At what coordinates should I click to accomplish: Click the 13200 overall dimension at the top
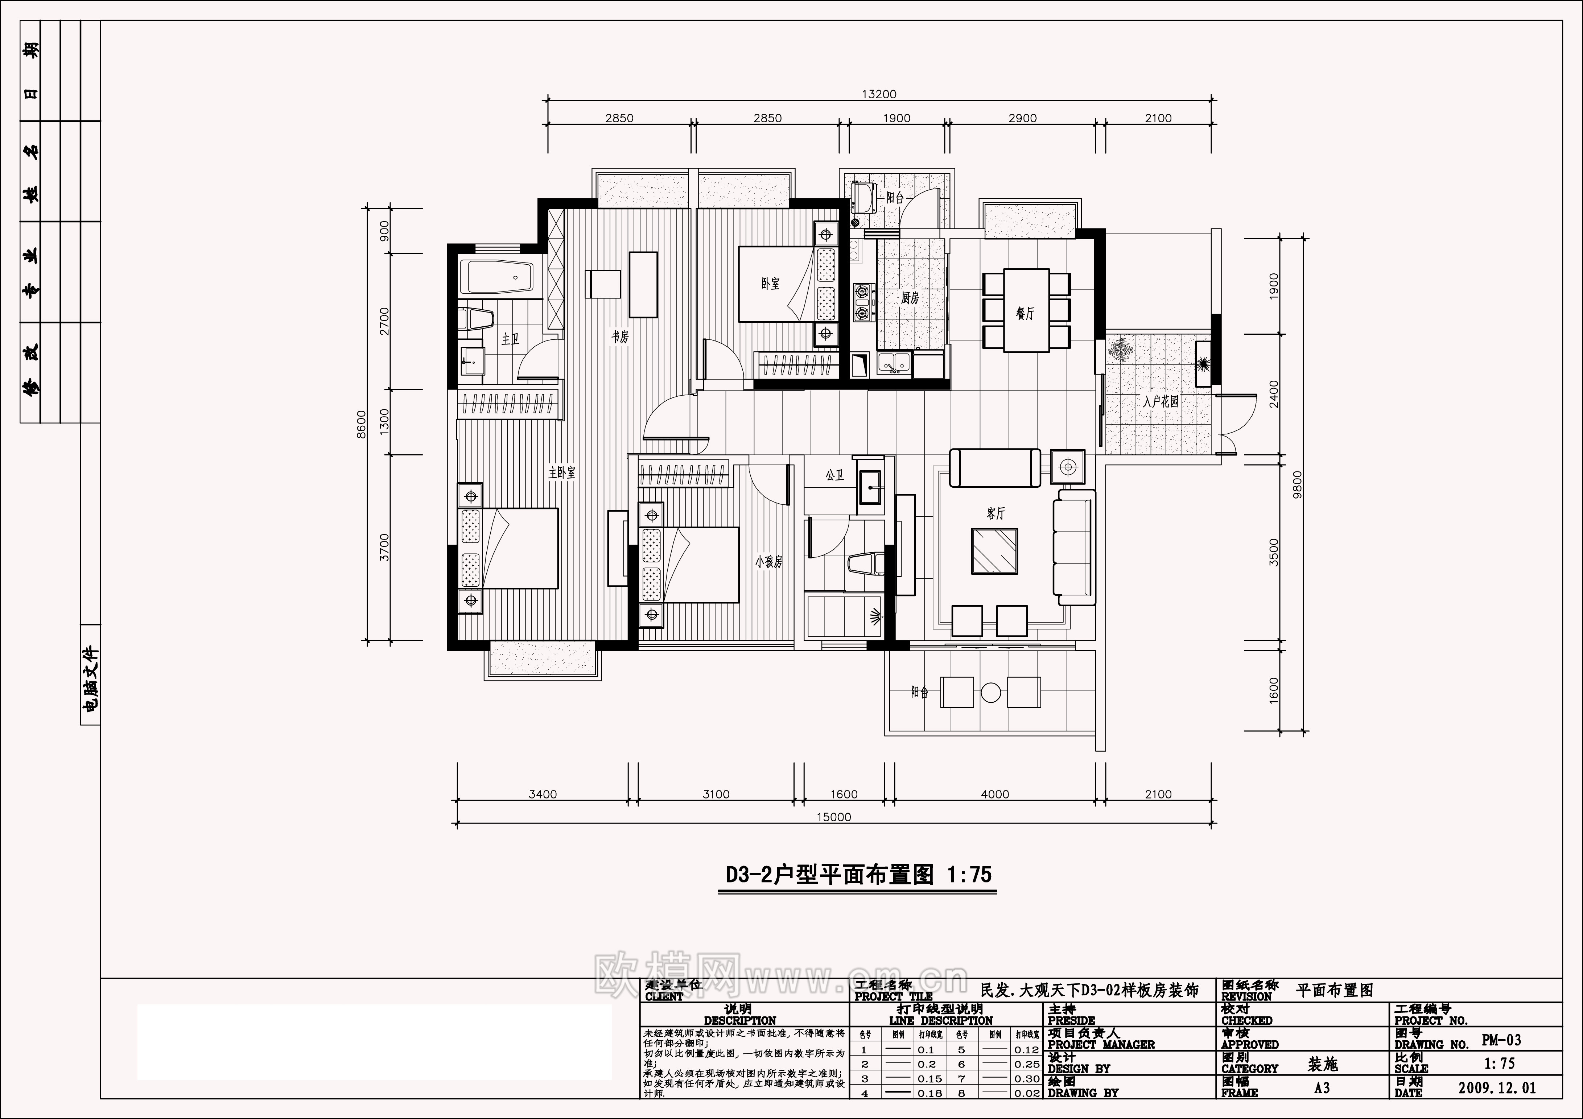[x=879, y=94]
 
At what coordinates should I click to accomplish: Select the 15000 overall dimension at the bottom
[x=834, y=817]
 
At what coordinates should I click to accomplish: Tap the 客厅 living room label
[x=995, y=513]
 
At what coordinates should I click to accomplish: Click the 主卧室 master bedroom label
[x=562, y=473]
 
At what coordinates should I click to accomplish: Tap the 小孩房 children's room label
[x=769, y=562]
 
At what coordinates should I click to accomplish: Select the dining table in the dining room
[x=1026, y=310]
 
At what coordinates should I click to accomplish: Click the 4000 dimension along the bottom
[x=995, y=794]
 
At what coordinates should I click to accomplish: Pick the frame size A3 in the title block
[x=1322, y=1088]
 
